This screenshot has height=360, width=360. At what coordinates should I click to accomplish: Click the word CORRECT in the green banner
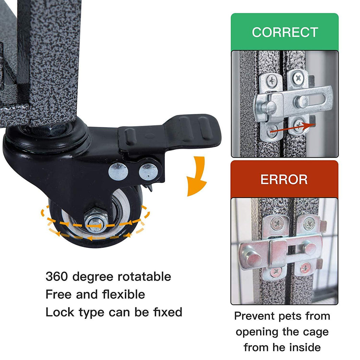285,32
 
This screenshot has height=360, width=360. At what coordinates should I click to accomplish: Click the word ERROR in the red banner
284,180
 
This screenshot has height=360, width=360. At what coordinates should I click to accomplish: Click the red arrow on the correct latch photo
293,128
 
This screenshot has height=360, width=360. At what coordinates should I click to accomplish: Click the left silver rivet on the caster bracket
118,172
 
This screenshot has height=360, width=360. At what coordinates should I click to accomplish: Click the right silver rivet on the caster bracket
148,172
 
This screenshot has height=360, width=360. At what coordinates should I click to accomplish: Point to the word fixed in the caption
168,312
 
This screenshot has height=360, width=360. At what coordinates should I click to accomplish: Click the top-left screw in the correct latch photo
272,81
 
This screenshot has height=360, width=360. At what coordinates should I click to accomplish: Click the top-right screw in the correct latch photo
298,78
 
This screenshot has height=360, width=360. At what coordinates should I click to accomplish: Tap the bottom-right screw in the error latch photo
306,268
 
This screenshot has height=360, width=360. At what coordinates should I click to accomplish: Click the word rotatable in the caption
144,277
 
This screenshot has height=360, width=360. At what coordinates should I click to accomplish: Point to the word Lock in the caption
60,312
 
